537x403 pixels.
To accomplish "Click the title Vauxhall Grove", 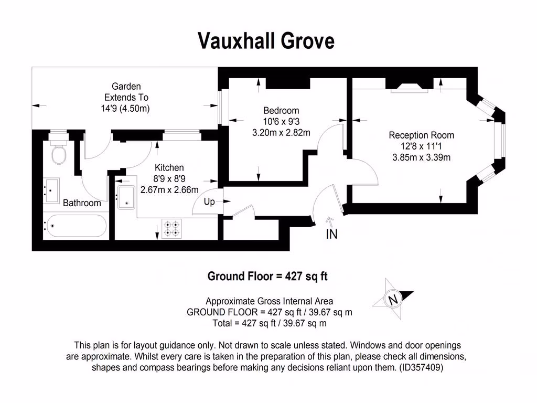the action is click(x=266, y=41).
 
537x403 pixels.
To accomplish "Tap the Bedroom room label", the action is click(x=281, y=110).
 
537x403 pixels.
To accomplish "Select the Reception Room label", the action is click(x=421, y=135).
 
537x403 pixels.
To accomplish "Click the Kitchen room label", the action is click(x=169, y=167).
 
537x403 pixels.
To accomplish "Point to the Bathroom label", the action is click(x=82, y=203).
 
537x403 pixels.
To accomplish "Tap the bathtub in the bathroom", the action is click(x=77, y=226).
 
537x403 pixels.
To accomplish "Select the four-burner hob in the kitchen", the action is click(x=171, y=229).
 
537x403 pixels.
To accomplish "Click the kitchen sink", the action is click(x=126, y=197).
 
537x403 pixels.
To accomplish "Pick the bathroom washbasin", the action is click(x=51, y=190).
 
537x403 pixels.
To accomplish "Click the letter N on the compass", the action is click(x=393, y=299).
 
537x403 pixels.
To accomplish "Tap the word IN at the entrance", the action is click(x=331, y=234).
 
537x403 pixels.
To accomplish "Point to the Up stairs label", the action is click(x=209, y=201).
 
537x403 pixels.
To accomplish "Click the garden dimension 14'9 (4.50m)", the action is click(x=125, y=108).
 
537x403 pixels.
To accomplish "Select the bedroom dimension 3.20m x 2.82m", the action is click(x=281, y=133).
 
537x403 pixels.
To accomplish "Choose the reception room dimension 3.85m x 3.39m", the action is click(x=421, y=157).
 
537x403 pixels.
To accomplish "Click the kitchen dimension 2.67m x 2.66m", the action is click(x=169, y=189).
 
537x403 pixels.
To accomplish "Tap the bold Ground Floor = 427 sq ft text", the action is click(x=267, y=276).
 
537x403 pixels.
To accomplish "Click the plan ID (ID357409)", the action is click(x=421, y=367).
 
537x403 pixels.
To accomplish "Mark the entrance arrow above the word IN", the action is click(x=329, y=221).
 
